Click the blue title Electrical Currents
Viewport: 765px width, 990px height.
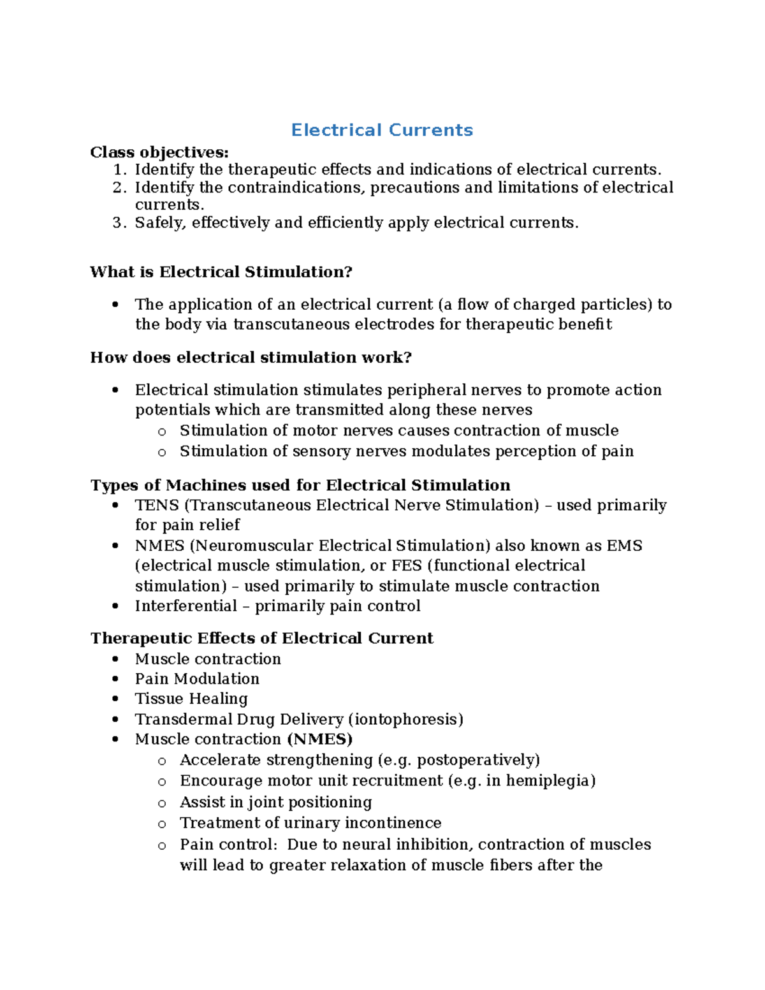(x=382, y=130)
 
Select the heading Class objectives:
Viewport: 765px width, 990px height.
(x=159, y=152)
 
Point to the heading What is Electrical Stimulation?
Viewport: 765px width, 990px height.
(x=221, y=272)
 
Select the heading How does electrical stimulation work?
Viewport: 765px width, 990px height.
(x=251, y=358)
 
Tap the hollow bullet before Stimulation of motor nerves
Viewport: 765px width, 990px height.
(x=162, y=432)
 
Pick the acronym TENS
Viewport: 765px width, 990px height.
(x=157, y=506)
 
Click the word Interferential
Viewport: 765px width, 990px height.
(x=186, y=606)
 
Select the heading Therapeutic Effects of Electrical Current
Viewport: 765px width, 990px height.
(x=261, y=639)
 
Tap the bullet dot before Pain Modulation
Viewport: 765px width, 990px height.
(x=115, y=680)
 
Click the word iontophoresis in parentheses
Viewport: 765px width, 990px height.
(x=405, y=720)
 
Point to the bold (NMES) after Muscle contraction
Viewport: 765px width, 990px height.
(x=319, y=739)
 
